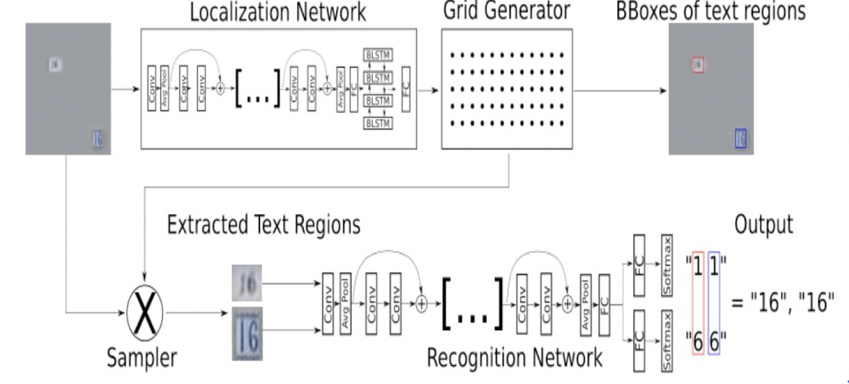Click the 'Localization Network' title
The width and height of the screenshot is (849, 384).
pos(278,12)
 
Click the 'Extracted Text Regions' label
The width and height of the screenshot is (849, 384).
pos(263,224)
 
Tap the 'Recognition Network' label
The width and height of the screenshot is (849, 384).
pos(514,357)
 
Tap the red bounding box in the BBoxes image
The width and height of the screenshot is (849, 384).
pos(698,64)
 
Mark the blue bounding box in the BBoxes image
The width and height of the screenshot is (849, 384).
pos(739,137)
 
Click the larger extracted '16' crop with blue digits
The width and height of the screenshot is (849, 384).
pos(247,333)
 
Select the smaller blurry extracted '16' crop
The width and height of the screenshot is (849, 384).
pos(247,283)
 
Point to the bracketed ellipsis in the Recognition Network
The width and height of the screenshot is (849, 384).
pos(472,304)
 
